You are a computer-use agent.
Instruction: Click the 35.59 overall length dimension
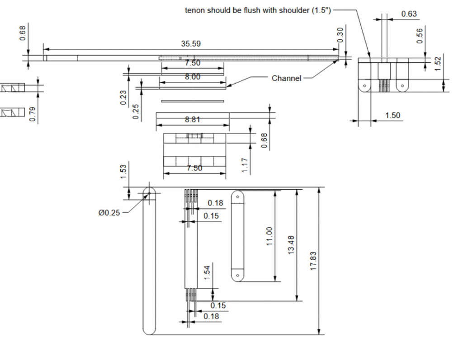coord(191,44)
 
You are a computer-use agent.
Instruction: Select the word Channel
coord(286,78)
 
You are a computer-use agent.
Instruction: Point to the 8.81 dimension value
coord(193,120)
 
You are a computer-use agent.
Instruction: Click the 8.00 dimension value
coord(193,77)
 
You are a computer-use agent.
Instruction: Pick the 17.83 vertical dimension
coord(314,261)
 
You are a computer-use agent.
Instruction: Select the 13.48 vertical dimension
coord(291,244)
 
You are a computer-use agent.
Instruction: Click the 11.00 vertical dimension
coord(270,236)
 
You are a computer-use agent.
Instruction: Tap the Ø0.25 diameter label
coord(109,213)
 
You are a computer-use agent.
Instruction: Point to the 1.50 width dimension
coord(392,116)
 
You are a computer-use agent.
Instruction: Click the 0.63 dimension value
coord(409,14)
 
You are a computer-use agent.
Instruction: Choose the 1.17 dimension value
coord(245,165)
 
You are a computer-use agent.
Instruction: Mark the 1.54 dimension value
coord(207,273)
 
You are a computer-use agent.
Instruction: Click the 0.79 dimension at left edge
coord(33,114)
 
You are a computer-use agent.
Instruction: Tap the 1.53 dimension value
coord(123,172)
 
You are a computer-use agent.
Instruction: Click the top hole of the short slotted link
coord(237,197)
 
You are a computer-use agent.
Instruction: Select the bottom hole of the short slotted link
coord(237,274)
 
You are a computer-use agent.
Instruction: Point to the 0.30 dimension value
coord(340,34)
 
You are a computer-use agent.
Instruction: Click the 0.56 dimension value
coord(420,36)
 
